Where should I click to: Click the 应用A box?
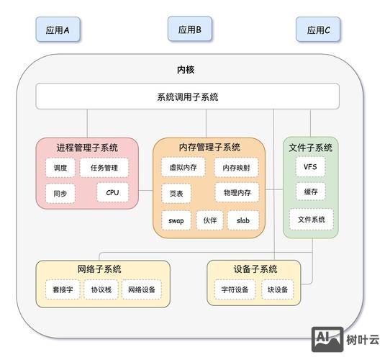(x=58, y=30)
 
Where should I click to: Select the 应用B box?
(x=189, y=30)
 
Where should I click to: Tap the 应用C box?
(x=318, y=30)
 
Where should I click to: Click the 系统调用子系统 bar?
(x=187, y=96)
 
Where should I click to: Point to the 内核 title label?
(x=186, y=70)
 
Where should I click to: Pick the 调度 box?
(x=60, y=168)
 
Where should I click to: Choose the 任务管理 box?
(x=104, y=168)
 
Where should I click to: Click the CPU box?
(x=112, y=193)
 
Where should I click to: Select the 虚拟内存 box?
(x=182, y=167)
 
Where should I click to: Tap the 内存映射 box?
(x=236, y=168)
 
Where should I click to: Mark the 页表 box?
(x=176, y=194)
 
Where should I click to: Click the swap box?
(x=176, y=220)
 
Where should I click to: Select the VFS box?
(x=310, y=166)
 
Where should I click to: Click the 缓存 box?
(x=310, y=192)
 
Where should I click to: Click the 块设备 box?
(x=277, y=289)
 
